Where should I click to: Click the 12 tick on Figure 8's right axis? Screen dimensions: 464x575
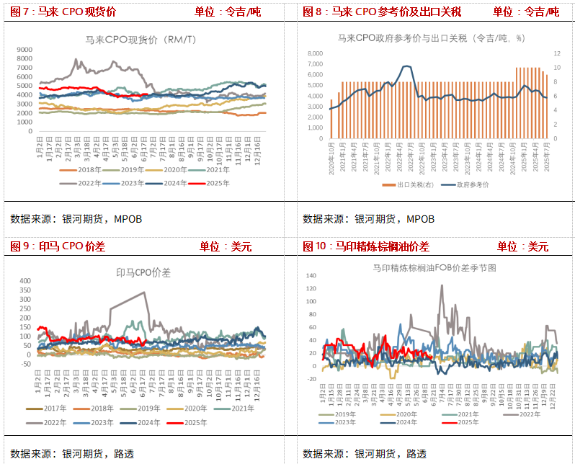click(x=556, y=53)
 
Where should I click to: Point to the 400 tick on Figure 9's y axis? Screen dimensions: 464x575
click(x=24, y=281)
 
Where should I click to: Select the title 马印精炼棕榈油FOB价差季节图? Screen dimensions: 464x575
click(x=434, y=267)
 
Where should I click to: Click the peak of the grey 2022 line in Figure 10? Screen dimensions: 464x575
click(x=442, y=285)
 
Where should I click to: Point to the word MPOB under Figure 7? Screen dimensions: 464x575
click(x=129, y=219)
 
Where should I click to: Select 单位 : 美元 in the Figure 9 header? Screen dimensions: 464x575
click(x=226, y=246)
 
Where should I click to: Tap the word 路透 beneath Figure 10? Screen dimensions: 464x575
click(x=415, y=454)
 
